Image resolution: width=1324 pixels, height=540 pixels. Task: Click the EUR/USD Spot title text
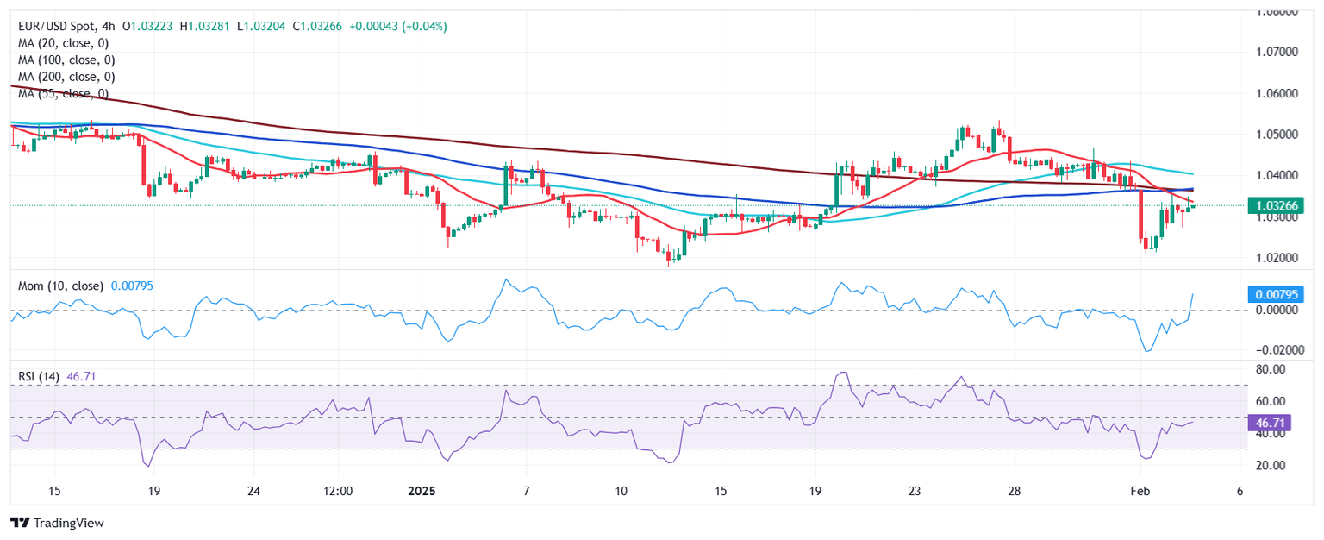[59, 27]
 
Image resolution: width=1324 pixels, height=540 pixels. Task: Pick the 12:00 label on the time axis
[338, 491]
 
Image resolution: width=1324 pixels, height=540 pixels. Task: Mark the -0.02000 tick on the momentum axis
[1269, 349]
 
